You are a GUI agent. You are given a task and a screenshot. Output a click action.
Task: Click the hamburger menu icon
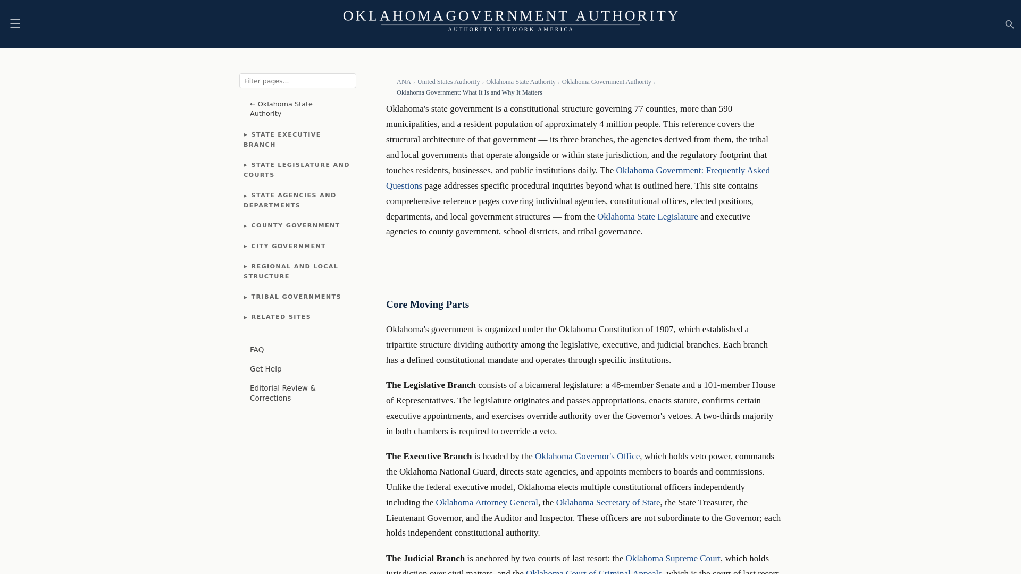click(x=15, y=24)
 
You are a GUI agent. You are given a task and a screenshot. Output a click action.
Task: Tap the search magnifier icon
click(x=1009, y=24)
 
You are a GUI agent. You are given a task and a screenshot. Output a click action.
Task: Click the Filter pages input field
click(x=297, y=81)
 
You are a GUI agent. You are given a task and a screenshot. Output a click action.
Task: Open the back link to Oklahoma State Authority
click(x=281, y=108)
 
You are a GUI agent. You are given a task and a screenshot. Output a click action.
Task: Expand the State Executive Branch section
click(x=282, y=139)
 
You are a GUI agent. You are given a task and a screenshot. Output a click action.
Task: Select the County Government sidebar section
click(x=295, y=225)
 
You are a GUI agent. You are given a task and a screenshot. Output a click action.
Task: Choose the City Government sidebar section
click(x=288, y=246)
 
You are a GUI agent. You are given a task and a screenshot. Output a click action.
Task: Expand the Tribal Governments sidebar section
click(x=296, y=297)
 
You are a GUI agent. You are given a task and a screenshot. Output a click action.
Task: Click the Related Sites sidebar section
click(x=280, y=317)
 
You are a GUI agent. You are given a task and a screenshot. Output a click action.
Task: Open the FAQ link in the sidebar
click(x=257, y=350)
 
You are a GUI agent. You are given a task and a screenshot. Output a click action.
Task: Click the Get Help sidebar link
click(x=265, y=369)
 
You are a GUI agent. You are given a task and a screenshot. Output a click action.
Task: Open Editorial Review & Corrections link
click(x=282, y=393)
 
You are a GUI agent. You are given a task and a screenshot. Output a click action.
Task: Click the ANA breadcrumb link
click(x=404, y=82)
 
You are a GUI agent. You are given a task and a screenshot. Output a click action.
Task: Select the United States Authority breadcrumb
click(x=448, y=82)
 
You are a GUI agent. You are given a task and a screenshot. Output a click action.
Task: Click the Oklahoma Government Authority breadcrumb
click(x=606, y=82)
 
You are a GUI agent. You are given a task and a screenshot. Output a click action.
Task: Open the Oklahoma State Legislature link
click(x=647, y=216)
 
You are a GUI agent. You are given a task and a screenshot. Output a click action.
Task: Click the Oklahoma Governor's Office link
click(x=587, y=456)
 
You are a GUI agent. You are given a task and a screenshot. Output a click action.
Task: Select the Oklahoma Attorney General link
click(x=487, y=502)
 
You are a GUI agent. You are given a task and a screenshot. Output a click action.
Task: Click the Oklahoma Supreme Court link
click(x=673, y=558)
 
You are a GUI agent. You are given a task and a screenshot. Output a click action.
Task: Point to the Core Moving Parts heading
click(x=428, y=305)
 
